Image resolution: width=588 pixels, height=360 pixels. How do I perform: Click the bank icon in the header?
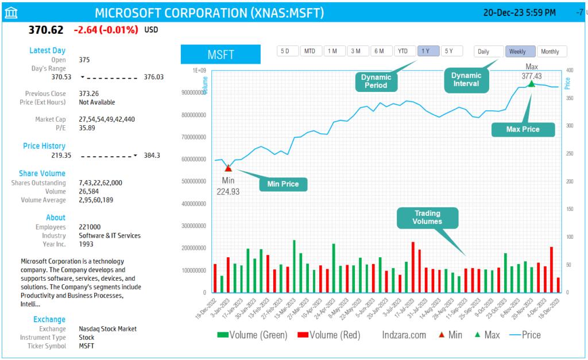[10, 13]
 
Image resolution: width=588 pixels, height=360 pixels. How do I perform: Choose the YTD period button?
[404, 51]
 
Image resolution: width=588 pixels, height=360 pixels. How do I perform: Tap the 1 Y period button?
[427, 51]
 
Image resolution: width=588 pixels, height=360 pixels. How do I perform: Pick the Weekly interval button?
[520, 52]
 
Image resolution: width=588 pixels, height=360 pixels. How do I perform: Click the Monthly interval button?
[552, 52]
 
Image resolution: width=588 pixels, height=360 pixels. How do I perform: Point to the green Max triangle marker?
[531, 84]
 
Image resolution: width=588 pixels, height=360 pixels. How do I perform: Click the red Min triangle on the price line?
[228, 168]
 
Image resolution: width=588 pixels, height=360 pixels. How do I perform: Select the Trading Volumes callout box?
[428, 218]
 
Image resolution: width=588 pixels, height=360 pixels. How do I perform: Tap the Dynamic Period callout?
[376, 81]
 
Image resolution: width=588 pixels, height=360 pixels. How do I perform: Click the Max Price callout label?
[523, 129]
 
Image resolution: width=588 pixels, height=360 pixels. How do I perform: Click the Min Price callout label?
[283, 184]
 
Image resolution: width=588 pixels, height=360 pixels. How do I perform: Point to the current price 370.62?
[45, 30]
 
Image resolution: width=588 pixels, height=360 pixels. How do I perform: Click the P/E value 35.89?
[87, 128]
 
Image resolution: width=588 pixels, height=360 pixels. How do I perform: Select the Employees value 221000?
[90, 227]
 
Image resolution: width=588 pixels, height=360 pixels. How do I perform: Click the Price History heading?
[44, 146]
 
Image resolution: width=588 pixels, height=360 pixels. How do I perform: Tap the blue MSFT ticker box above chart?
[221, 55]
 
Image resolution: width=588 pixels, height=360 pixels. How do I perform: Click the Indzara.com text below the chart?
[404, 335]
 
